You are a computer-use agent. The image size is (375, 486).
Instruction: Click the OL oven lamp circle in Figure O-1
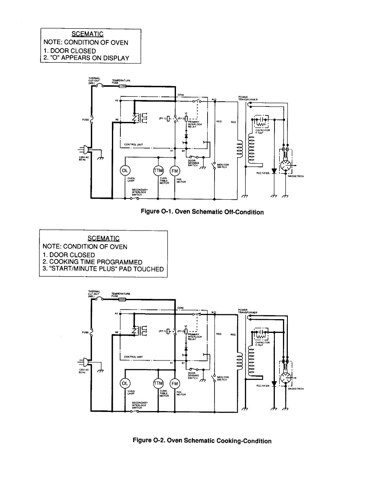pyautogui.click(x=124, y=171)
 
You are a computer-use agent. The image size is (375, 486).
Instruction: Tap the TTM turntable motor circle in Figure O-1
pyautogui.click(x=158, y=171)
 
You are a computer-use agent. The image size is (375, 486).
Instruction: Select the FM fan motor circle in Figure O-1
pyautogui.click(x=175, y=171)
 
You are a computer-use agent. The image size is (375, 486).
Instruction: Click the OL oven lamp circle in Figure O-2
pyautogui.click(x=124, y=383)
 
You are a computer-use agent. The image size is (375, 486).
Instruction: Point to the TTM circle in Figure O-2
pyautogui.click(x=158, y=383)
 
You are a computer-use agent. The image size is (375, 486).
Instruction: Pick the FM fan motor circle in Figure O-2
pyautogui.click(x=175, y=383)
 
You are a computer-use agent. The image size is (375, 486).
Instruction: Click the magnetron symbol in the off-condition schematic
pyautogui.click(x=287, y=164)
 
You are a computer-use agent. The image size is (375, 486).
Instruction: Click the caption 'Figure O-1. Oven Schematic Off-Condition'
pyautogui.click(x=202, y=212)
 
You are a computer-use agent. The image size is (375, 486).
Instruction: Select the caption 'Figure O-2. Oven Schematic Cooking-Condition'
pyautogui.click(x=202, y=441)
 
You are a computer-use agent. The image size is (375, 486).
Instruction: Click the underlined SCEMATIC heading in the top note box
pyautogui.click(x=88, y=34)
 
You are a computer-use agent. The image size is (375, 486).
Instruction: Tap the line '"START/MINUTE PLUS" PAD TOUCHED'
pyautogui.click(x=103, y=269)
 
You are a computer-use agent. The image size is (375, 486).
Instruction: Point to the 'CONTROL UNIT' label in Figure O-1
pyautogui.click(x=133, y=145)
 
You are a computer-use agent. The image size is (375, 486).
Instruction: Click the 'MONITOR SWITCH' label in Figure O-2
pyautogui.click(x=223, y=378)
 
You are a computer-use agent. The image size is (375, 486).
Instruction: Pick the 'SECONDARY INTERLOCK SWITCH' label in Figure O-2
pyautogui.click(x=139, y=404)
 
